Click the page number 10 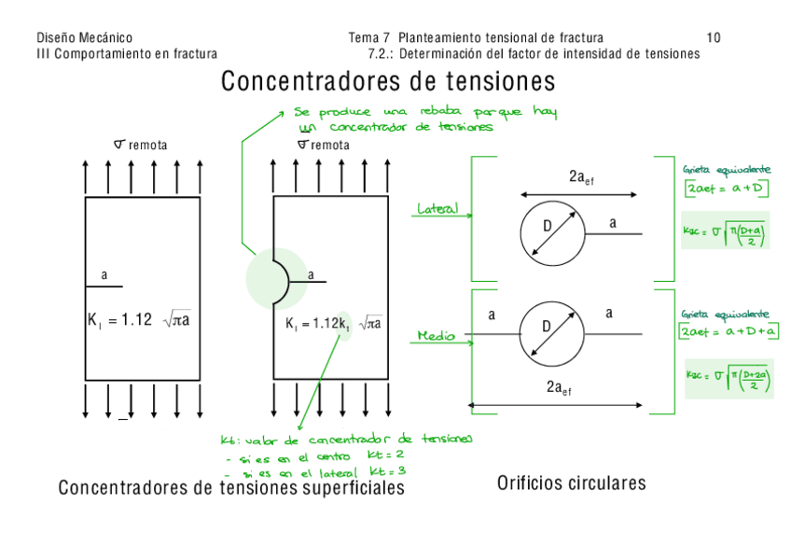click(x=714, y=38)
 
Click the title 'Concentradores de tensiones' click(x=388, y=81)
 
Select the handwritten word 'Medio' click(x=437, y=335)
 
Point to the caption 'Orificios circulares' click(x=571, y=482)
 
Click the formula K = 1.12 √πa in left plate click(x=139, y=321)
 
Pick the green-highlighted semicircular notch click(x=277, y=277)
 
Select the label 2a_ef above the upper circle click(x=580, y=177)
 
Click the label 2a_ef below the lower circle click(x=560, y=388)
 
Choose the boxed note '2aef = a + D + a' click(x=730, y=331)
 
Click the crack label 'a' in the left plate click(x=104, y=275)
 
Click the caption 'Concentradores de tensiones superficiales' click(x=231, y=488)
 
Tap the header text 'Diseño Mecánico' click(x=84, y=38)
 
